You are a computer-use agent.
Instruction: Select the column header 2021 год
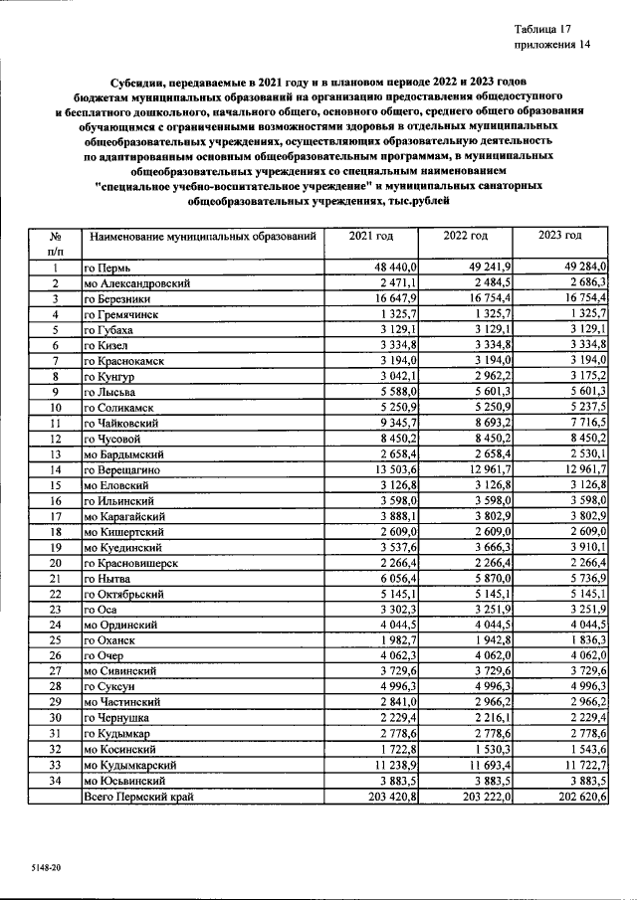(x=371, y=236)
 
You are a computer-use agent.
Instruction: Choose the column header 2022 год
(x=466, y=236)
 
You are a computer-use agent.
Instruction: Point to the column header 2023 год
(x=559, y=236)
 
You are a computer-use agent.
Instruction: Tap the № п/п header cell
(x=57, y=244)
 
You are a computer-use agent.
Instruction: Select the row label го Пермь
(x=107, y=269)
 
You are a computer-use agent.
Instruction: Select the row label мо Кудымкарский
(x=130, y=765)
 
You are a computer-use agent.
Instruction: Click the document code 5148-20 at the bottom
(x=45, y=868)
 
